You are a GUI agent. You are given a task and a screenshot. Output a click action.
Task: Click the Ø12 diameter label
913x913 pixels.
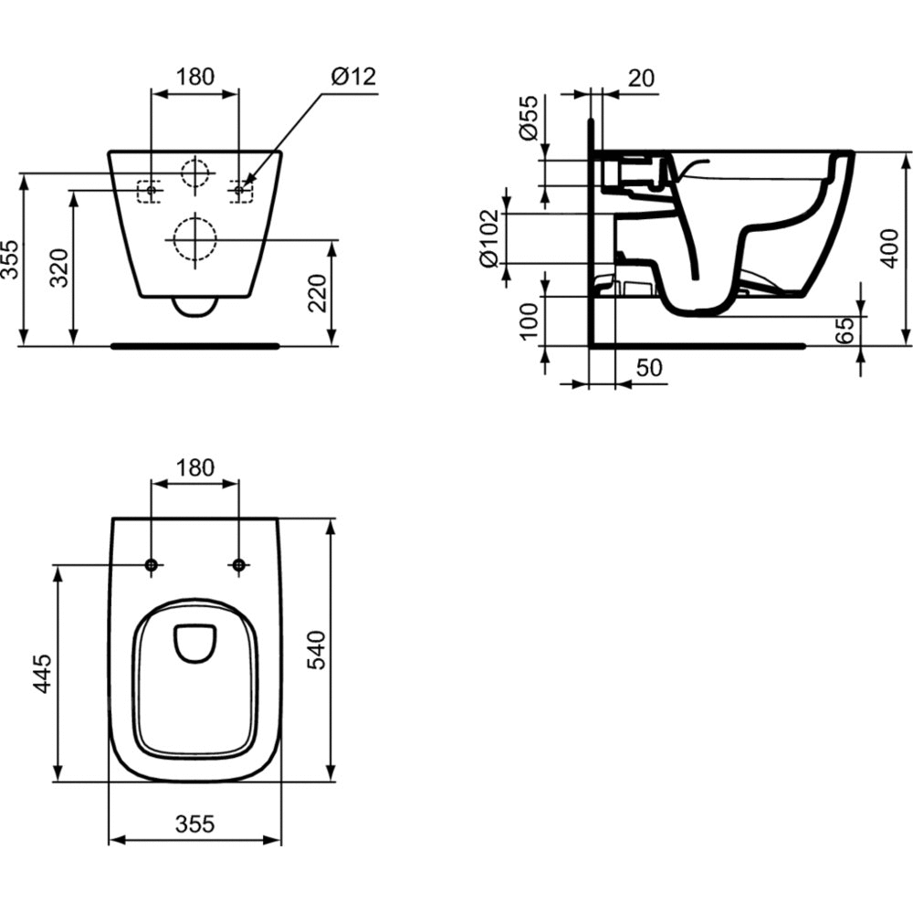pyautogui.click(x=353, y=77)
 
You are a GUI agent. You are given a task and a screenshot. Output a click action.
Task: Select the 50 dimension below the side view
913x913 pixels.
pyautogui.click(x=648, y=369)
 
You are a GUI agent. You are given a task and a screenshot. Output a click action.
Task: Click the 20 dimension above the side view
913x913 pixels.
pyautogui.click(x=642, y=79)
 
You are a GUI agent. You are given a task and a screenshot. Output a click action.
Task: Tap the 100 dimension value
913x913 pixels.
pyautogui.click(x=529, y=321)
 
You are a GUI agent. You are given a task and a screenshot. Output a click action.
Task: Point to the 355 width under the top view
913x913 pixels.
pyautogui.click(x=194, y=824)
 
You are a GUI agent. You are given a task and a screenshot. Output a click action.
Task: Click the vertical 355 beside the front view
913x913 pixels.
pyautogui.click(x=9, y=260)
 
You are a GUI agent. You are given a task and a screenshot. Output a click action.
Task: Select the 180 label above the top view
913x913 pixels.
pyautogui.click(x=194, y=468)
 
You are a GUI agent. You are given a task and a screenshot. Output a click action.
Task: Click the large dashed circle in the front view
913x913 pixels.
pyautogui.click(x=194, y=239)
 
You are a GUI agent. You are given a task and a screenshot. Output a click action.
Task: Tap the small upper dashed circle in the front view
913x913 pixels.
pyautogui.click(x=194, y=173)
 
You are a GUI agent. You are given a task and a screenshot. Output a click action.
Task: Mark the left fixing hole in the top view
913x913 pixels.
pyautogui.click(x=152, y=566)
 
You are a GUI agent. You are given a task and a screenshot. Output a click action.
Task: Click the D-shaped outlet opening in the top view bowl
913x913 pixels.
pyautogui.click(x=194, y=642)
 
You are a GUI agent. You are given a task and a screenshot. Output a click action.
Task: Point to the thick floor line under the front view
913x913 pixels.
pyautogui.click(x=194, y=346)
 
